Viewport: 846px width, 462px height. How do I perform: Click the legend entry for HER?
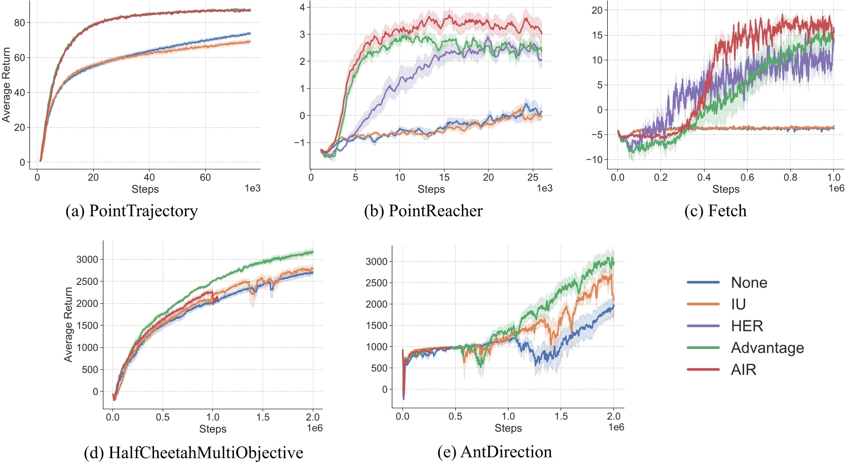[x=747, y=326]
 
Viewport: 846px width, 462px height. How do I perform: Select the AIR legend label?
[x=743, y=370]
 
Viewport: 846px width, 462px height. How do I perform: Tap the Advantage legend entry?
[x=767, y=348]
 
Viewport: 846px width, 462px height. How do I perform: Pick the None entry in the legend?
[x=749, y=282]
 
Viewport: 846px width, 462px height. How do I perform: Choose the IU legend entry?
[x=738, y=304]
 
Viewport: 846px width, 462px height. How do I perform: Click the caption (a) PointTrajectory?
[x=131, y=211]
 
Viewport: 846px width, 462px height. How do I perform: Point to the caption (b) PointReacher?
[x=423, y=211]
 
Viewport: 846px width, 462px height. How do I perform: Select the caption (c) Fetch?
[x=715, y=211]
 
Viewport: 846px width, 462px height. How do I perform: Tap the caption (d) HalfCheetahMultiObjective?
[x=193, y=452]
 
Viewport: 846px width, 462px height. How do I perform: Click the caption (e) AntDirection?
[x=494, y=452]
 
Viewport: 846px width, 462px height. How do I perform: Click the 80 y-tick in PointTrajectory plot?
[x=19, y=23]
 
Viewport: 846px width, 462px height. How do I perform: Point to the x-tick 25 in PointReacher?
[x=532, y=177]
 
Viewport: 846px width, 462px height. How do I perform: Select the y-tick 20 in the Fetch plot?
[x=597, y=10]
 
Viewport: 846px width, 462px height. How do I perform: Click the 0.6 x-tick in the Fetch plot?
[x=747, y=177]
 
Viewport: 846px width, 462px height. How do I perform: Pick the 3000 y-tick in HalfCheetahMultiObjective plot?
[x=87, y=260]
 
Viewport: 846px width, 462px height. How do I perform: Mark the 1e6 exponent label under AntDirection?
[x=616, y=428]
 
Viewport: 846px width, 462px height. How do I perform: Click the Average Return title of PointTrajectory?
[x=6, y=85]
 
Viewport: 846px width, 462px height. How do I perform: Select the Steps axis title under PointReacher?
[x=431, y=189]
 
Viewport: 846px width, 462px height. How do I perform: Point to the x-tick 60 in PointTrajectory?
[x=205, y=177]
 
